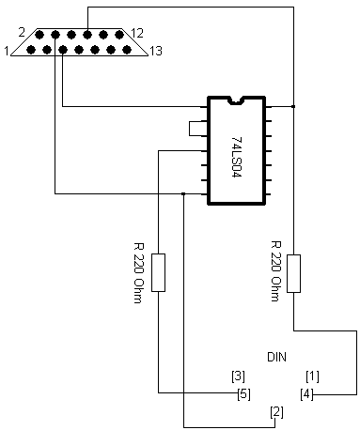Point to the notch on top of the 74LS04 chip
(236, 99)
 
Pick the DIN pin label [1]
(313, 376)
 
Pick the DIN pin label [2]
(276, 411)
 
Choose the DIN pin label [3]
(239, 376)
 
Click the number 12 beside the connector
(137, 33)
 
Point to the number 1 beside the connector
(8, 51)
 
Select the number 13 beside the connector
(155, 51)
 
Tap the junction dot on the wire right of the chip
(294, 107)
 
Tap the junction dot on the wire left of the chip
(183, 194)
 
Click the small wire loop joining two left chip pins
(193, 129)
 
